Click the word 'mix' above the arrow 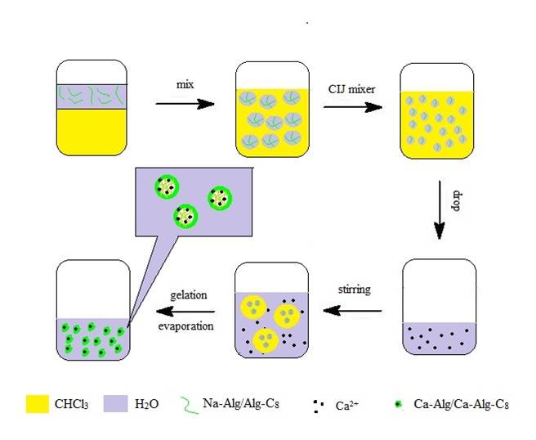pos(184,85)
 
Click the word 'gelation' pos(188,294)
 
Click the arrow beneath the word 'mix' pos(184,104)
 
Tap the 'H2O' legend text pos(194,403)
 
